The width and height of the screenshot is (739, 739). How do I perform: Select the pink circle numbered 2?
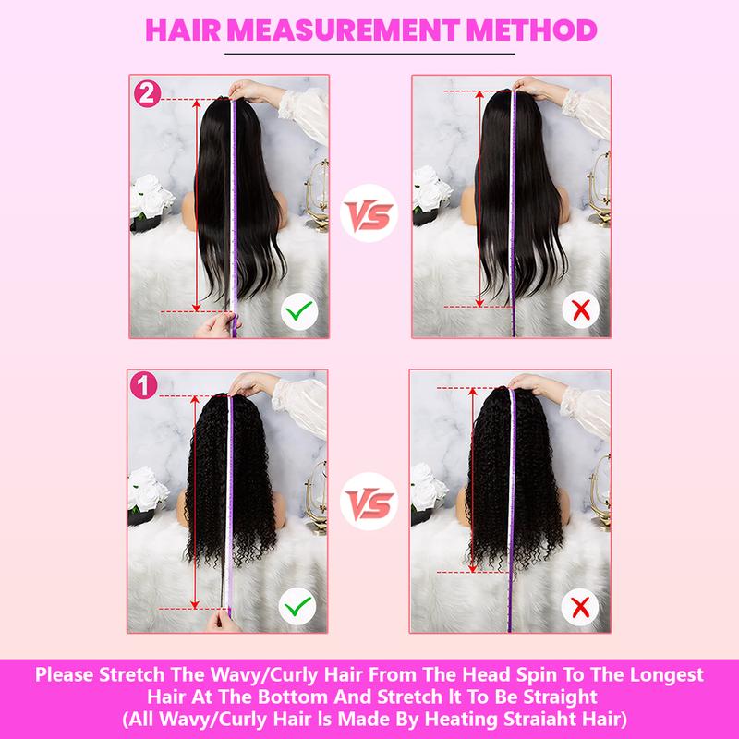pyautogui.click(x=146, y=92)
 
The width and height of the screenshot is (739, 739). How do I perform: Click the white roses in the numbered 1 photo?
pyautogui.click(x=148, y=490)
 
